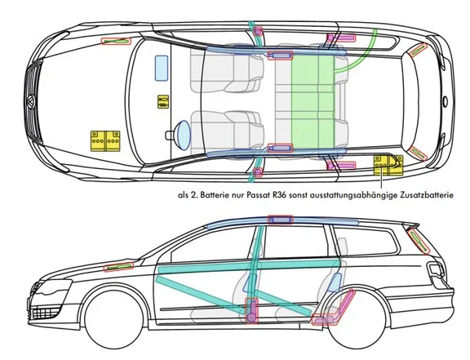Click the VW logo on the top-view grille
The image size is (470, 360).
pyautogui.click(x=31, y=101)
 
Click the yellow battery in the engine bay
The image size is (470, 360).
pyautogui.click(x=105, y=140)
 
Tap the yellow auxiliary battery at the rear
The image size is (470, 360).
pyautogui.click(x=388, y=165)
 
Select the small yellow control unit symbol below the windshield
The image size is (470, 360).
pyautogui.click(x=163, y=102)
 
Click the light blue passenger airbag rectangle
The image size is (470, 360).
pyautogui.click(x=162, y=68)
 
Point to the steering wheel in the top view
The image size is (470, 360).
pyautogui.click(x=183, y=135)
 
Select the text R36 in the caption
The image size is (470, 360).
pyautogui.click(x=278, y=195)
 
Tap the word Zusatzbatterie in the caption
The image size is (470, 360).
pyautogui.click(x=427, y=195)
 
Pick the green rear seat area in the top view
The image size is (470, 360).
pyautogui.click(x=313, y=102)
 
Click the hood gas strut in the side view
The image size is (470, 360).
pyautogui.click(x=118, y=267)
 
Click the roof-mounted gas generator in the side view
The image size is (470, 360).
pyautogui.click(x=280, y=220)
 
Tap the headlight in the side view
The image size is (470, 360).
pyautogui.click(x=53, y=287)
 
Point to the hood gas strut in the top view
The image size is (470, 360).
pyautogui.click(x=117, y=41)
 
